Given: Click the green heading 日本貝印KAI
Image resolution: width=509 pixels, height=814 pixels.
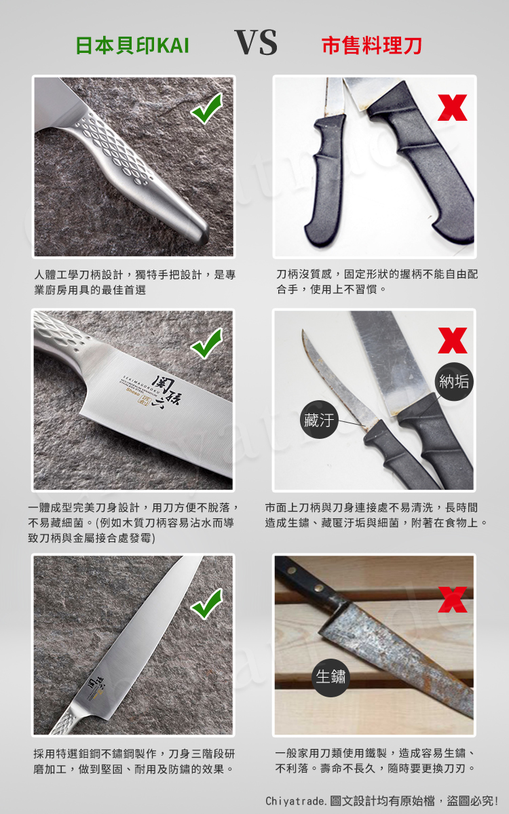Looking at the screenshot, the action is [132, 46].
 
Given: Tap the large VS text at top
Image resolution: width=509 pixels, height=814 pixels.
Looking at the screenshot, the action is [256, 42].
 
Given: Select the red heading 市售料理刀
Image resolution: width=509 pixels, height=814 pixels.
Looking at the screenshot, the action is [372, 46].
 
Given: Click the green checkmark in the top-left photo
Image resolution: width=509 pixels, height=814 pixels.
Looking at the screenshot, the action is [206, 108].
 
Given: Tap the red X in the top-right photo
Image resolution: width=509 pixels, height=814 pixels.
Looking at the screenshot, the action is [452, 108].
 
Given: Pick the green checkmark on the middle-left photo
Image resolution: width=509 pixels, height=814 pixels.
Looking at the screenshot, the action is [206, 343].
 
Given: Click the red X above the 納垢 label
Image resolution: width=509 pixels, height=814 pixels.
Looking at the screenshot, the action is [452, 341].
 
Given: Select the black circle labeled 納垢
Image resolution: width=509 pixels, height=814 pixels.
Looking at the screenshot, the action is [454, 381].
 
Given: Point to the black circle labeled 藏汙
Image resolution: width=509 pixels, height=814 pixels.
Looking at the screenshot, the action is [319, 419].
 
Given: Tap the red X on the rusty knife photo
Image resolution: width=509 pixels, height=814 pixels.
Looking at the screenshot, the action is [452, 600].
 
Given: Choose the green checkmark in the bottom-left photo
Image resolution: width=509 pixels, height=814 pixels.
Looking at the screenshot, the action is [206, 604].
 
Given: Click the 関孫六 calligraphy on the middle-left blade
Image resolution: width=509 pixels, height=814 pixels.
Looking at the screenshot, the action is [168, 392].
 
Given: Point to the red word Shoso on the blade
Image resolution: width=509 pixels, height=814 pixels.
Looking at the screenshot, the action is [133, 391].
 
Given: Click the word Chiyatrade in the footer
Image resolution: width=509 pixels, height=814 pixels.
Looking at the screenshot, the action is [295, 800].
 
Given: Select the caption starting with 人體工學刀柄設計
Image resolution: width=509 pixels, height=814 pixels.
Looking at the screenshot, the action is [135, 282].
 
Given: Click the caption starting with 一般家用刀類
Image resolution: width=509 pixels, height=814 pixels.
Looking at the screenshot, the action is [375, 760].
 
